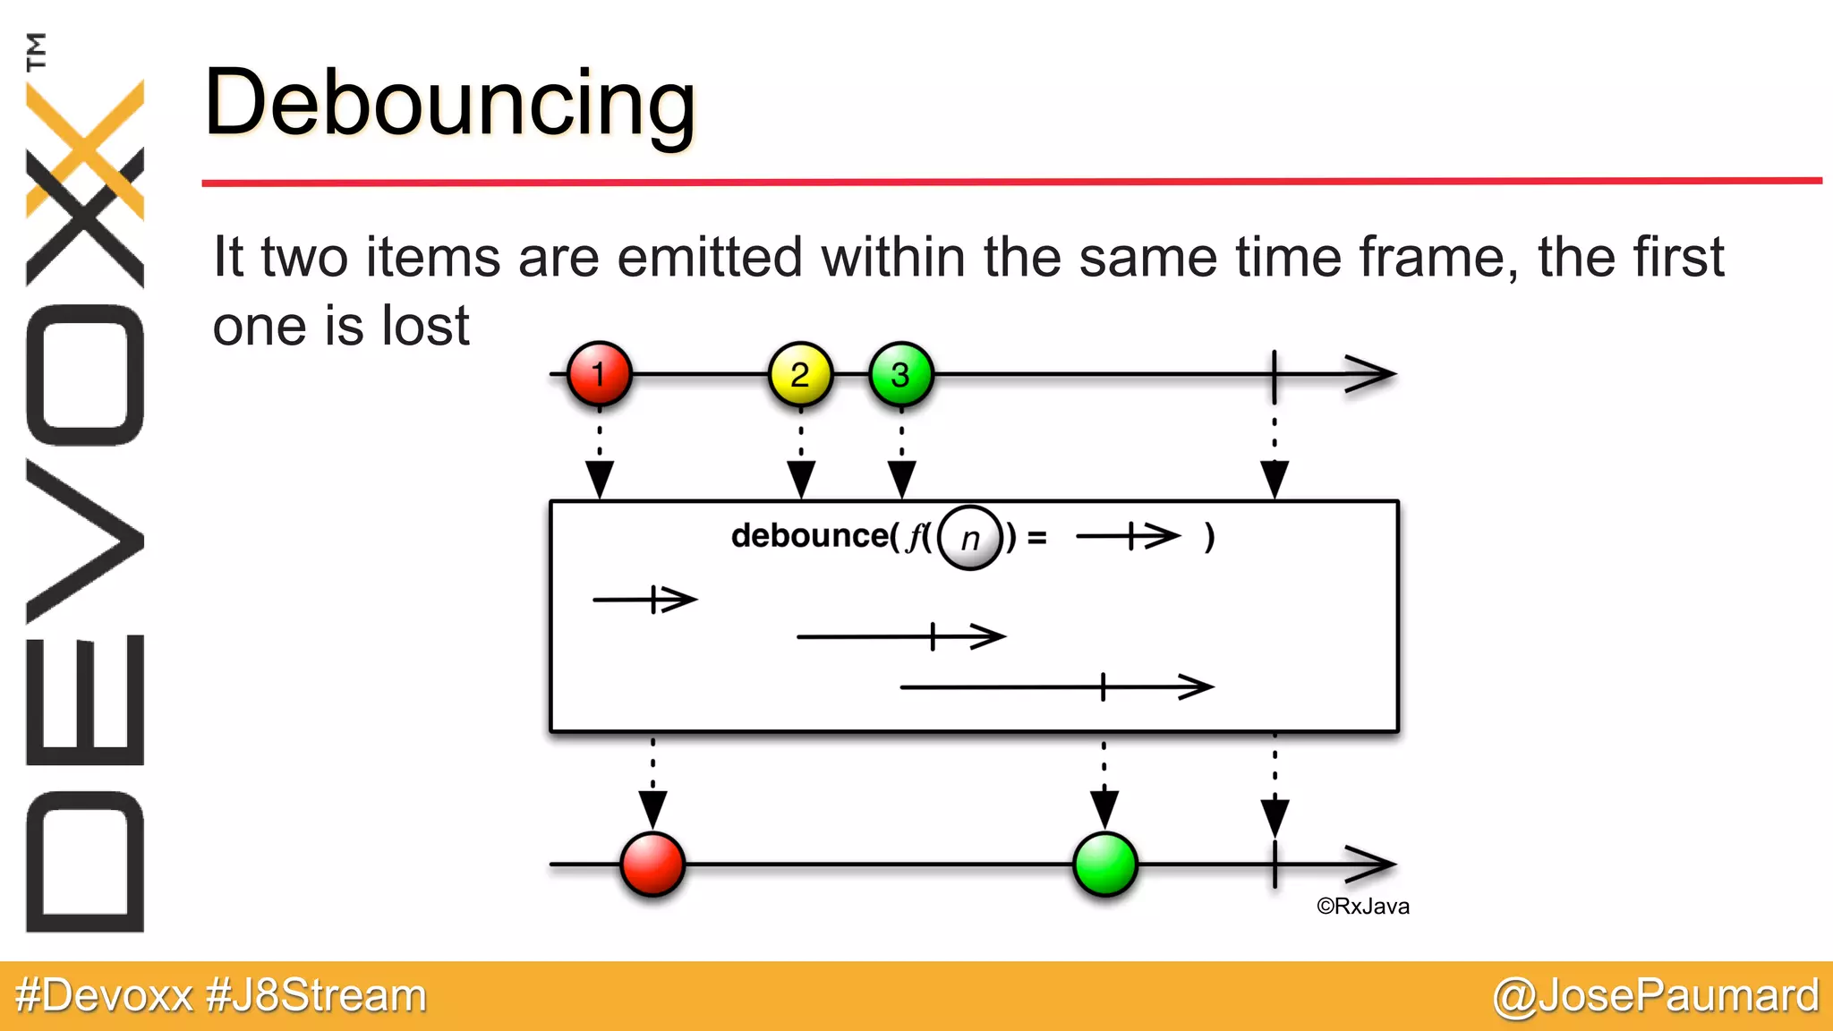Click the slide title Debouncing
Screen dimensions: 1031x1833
[449, 105]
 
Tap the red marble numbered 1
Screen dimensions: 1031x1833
[599, 374]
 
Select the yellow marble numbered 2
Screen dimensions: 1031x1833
[800, 374]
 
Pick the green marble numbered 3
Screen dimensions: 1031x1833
[900, 374]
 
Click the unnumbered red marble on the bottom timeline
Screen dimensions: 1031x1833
[652, 864]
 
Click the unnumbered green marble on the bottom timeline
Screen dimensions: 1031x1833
[1104, 864]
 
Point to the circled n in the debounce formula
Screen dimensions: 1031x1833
[970, 538]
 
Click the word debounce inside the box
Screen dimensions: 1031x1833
[809, 535]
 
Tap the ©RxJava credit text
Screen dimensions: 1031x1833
[1362, 907]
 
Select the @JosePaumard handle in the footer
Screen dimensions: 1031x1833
[1656, 995]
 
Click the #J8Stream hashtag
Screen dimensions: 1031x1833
[316, 995]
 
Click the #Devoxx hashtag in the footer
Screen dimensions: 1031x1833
[105, 995]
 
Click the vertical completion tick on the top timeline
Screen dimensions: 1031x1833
[1274, 374]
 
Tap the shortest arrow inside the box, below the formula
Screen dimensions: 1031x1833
[644, 599]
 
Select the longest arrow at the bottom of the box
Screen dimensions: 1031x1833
[1056, 687]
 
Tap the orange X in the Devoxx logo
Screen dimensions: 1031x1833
[85, 148]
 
